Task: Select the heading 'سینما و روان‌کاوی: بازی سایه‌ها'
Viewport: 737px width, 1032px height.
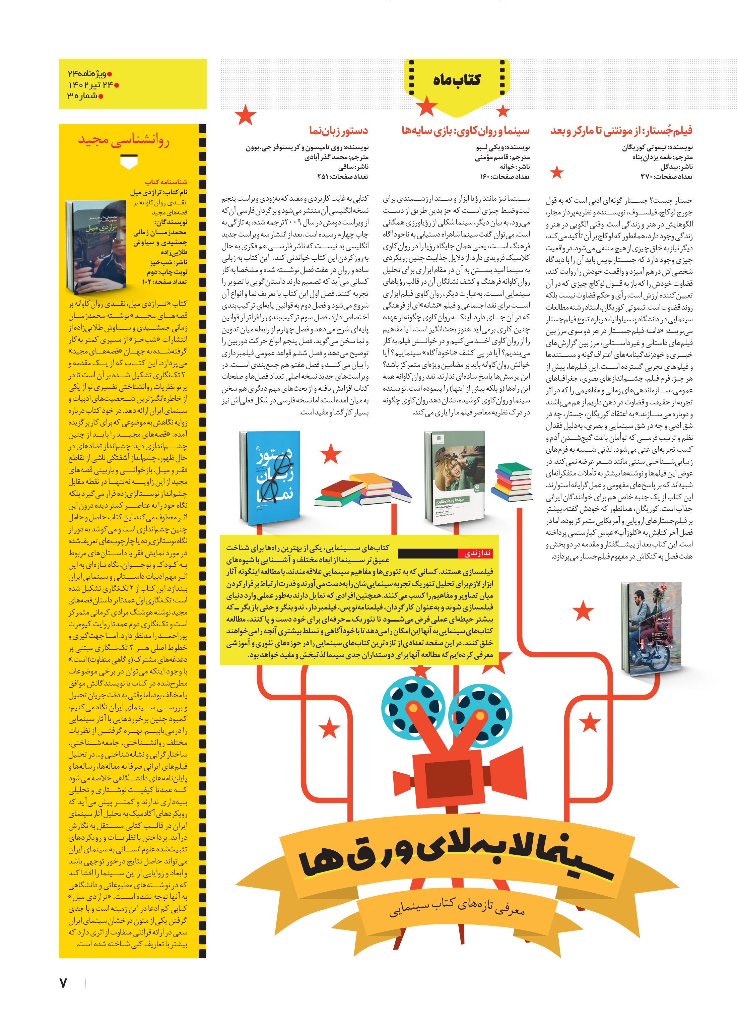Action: click(465, 131)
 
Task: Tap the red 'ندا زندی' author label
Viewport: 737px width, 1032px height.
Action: click(477, 553)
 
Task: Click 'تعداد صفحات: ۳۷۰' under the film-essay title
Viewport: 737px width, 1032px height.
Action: click(666, 177)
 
